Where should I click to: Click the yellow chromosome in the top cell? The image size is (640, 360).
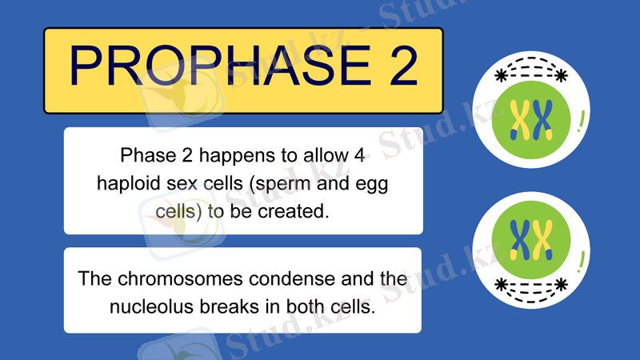(521, 120)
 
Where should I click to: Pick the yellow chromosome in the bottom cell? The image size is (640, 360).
(543, 238)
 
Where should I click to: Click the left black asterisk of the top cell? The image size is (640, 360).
(502, 76)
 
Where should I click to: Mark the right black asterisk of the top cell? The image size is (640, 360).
(561, 76)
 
